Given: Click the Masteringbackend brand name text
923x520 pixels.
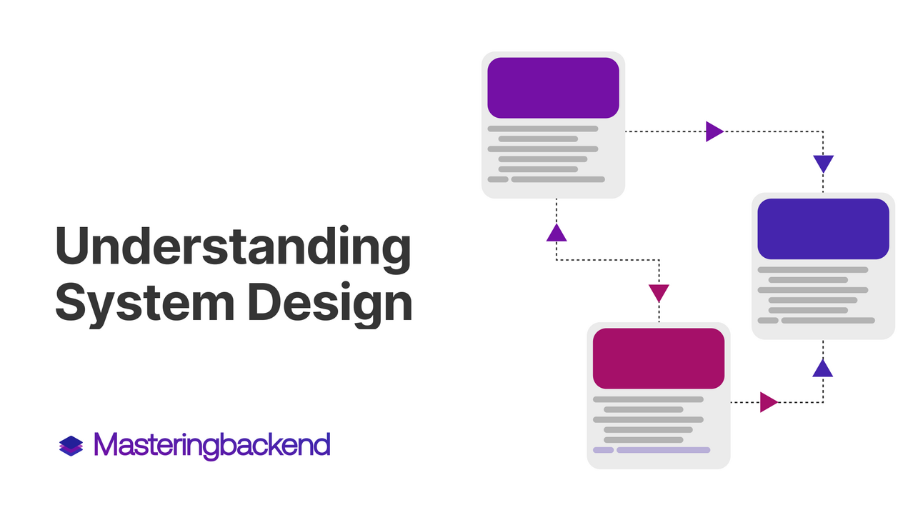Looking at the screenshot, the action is click(x=212, y=446).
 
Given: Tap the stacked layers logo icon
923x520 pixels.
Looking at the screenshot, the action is click(x=71, y=446).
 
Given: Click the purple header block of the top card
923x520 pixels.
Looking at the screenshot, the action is click(x=553, y=88).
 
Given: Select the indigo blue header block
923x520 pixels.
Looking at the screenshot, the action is click(x=823, y=229).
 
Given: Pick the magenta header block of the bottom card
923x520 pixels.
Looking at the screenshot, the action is click(x=659, y=359).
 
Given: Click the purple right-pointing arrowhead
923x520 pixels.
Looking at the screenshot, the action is click(x=714, y=131).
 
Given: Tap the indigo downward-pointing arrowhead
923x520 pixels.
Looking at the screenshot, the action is click(x=823, y=164).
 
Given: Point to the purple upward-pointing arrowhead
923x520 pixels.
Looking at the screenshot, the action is click(x=557, y=233).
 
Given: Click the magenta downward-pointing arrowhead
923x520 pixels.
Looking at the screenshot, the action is click(x=659, y=293).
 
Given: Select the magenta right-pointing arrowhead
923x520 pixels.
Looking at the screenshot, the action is click(x=769, y=402).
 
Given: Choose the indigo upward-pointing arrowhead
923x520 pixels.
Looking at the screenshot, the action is click(x=823, y=369).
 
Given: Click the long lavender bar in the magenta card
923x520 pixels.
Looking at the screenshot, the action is click(x=664, y=450).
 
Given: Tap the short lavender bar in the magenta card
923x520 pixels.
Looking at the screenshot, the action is click(x=603, y=450).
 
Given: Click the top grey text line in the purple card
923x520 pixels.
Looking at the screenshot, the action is click(x=543, y=129).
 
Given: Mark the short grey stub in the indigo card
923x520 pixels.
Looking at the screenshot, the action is click(x=768, y=321).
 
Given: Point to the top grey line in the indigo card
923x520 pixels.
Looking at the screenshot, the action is click(x=813, y=270).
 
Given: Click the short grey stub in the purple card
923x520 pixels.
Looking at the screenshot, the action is click(x=498, y=179).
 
